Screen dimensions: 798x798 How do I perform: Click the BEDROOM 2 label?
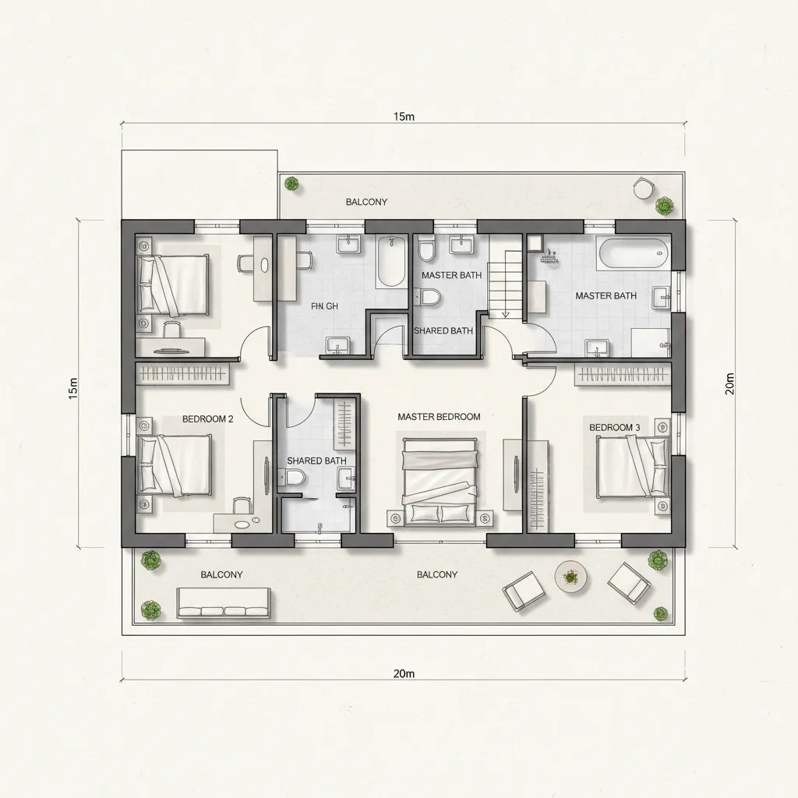pos(207,418)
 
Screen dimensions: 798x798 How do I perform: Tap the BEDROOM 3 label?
pos(614,427)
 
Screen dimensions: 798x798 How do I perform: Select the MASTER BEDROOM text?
pos(439,417)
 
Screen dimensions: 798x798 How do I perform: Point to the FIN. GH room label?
pos(324,306)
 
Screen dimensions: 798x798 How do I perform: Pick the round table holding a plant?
pos(571,577)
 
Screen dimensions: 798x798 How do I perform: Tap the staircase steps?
pos(503,281)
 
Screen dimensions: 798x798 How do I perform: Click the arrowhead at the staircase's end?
pos(505,315)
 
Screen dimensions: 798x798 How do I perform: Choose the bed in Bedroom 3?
pos(632,466)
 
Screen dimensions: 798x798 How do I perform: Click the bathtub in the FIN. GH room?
pos(390,262)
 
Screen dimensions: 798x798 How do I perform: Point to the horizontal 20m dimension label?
pos(404,673)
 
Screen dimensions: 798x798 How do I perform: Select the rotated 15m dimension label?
pos(72,387)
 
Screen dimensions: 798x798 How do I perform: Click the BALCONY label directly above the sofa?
pos(221,574)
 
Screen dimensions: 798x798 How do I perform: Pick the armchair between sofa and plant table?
pos(523,591)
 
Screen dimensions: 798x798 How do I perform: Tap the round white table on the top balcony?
pos(643,189)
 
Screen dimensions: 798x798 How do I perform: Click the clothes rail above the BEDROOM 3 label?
pos(623,375)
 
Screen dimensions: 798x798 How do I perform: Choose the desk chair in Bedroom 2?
pos(242,505)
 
